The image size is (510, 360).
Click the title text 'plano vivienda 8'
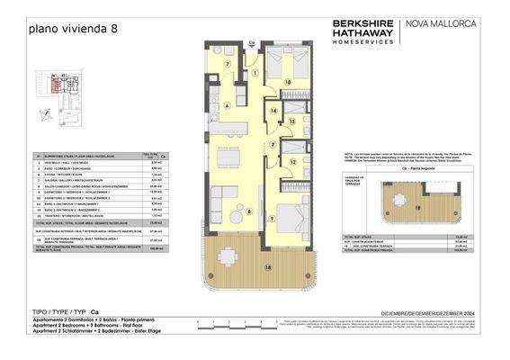coord(73,30)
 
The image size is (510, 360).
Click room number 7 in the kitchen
coord(228,64)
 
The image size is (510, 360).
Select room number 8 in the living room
coord(249,212)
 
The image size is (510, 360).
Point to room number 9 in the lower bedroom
coord(272,219)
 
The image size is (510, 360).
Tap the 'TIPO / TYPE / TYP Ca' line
coord(64,309)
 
